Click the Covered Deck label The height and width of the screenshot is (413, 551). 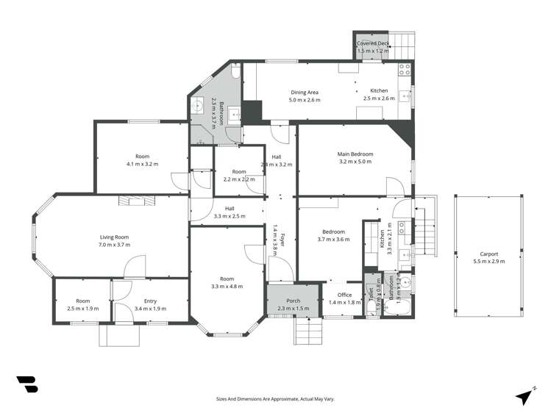click(372, 44)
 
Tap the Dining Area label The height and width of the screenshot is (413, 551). click(304, 92)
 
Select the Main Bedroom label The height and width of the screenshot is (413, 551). click(355, 154)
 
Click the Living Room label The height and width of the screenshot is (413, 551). click(115, 237)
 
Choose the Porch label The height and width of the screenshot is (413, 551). click(293, 301)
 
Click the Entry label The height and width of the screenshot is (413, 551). click(150, 301)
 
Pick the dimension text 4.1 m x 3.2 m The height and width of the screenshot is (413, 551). click(142, 164)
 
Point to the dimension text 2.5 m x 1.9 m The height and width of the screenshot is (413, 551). click(82, 309)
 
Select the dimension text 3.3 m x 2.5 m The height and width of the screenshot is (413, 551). click(230, 216)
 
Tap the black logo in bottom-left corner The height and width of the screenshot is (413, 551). click(26, 384)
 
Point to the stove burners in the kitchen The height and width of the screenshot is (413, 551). click(404, 71)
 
